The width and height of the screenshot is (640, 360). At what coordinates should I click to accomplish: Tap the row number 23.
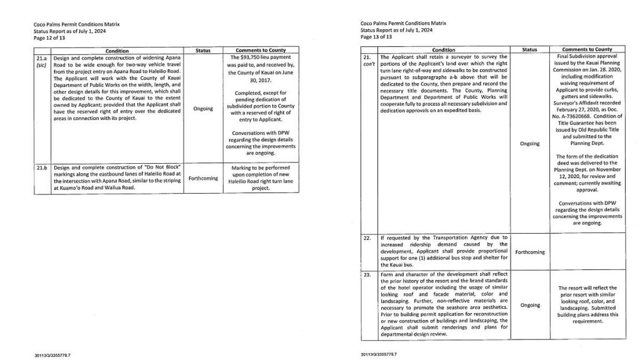click(367, 274)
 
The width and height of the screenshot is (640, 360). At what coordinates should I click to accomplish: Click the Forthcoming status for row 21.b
click(203, 177)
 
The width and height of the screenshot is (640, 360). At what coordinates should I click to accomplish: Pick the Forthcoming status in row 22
click(529, 252)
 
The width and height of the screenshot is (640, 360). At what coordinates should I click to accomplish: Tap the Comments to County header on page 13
click(586, 49)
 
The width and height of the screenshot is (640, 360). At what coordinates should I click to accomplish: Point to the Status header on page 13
click(529, 49)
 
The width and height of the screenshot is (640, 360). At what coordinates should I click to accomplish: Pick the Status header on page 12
click(203, 50)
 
